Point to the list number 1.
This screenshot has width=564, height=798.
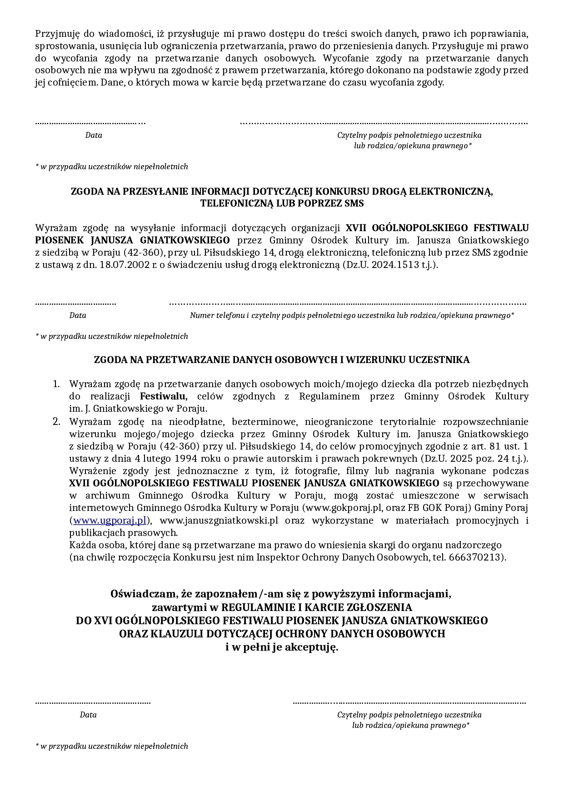coord(56,384)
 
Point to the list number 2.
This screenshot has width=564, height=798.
coord(56,421)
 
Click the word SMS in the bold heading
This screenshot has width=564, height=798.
coord(354,203)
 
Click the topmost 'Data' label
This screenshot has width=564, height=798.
coord(94,135)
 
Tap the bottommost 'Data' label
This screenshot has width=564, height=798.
coord(88,715)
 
